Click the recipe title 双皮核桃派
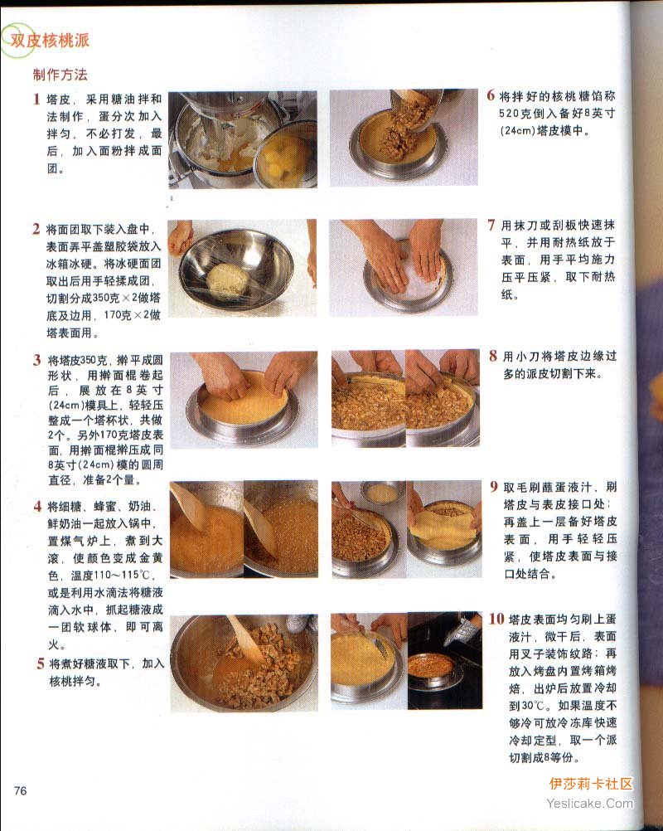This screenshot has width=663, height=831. [50, 41]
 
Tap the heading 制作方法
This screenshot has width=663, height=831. [60, 75]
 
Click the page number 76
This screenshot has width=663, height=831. [20, 790]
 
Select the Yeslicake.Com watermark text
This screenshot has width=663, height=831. [589, 804]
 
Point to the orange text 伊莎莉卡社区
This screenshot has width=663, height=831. [591, 784]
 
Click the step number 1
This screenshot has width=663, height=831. [36, 99]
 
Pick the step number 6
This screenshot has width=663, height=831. [491, 95]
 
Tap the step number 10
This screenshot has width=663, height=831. [496, 619]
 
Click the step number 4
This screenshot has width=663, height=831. [37, 506]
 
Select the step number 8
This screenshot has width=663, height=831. [493, 356]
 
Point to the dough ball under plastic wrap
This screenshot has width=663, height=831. [226, 280]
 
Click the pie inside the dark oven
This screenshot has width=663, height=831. [430, 666]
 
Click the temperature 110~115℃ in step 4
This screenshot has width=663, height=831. [111, 575]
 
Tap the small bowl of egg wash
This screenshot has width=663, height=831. [382, 493]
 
